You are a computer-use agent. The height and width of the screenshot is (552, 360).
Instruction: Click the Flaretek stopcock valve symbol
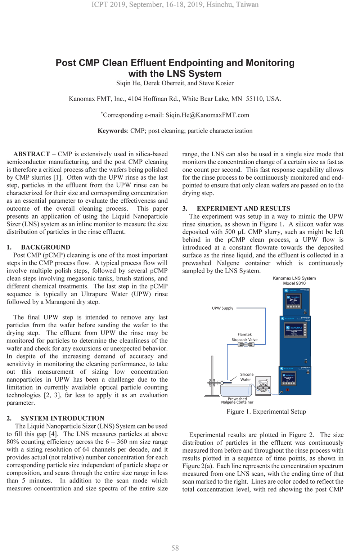coord(246,345)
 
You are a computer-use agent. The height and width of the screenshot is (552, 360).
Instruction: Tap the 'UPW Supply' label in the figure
coord(222,308)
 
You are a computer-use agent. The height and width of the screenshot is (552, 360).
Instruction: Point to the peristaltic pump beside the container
coord(263,387)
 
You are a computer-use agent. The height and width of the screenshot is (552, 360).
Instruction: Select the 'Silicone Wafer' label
coord(247,377)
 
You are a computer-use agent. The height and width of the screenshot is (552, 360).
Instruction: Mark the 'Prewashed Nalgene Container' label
coord(237,400)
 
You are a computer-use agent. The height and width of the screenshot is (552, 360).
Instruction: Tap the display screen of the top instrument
coord(293,301)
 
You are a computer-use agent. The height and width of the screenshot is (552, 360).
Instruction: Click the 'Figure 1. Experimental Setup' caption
coord(266,412)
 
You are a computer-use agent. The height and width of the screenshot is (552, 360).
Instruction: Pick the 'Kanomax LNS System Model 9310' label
coord(294,281)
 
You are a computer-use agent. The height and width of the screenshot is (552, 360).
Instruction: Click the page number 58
coord(175,548)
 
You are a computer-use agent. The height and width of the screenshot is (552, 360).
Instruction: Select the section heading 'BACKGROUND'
coord(46,247)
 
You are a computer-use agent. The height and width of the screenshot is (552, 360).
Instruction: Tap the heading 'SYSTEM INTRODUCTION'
coord(63,418)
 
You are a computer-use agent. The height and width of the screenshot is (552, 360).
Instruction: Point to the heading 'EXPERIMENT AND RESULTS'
coord(243,208)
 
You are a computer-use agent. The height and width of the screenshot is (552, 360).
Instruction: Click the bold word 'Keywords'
coord(112,131)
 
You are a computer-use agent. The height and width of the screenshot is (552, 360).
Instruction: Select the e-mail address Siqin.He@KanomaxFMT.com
coord(207,115)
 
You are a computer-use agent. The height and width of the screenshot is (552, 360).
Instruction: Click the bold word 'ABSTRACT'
coord(32,154)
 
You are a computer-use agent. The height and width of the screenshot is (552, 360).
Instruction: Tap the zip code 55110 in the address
coord(255,99)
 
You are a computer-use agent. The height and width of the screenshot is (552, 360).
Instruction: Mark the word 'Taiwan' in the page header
coord(247,5)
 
